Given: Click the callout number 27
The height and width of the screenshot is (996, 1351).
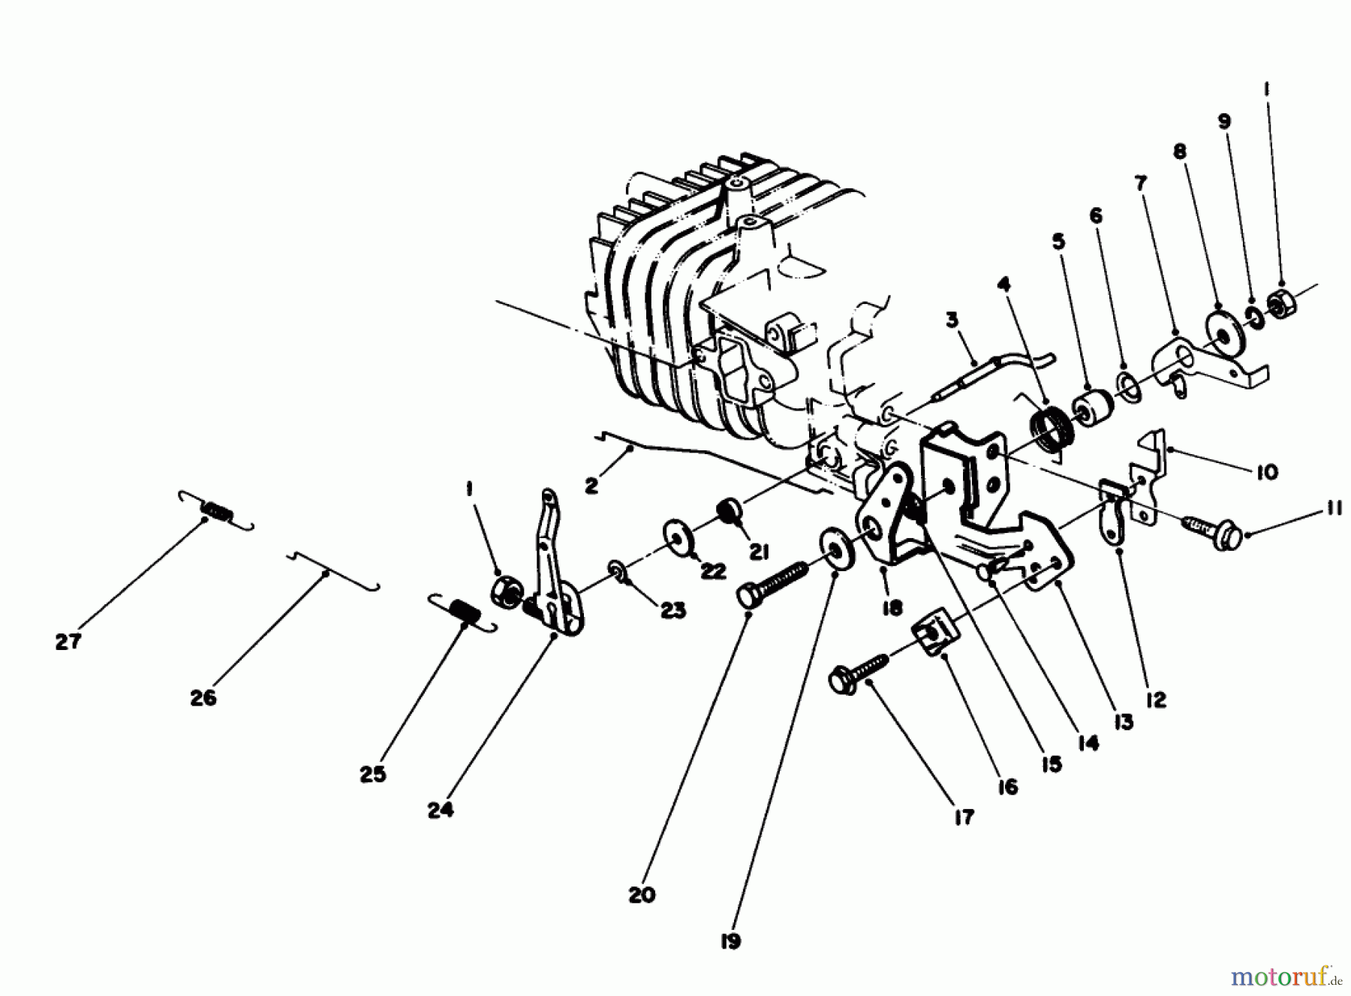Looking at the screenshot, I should click(x=68, y=642).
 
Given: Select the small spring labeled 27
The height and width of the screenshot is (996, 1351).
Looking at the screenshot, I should click(x=217, y=511).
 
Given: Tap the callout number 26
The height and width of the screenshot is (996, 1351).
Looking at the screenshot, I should click(x=203, y=697).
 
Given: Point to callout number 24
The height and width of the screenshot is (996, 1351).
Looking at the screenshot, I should click(x=441, y=811).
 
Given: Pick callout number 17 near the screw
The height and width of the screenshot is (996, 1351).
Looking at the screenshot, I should click(x=963, y=817).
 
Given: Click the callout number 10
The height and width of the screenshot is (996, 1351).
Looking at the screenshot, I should click(x=1266, y=471).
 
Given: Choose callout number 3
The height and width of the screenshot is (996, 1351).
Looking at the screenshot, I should click(x=952, y=320).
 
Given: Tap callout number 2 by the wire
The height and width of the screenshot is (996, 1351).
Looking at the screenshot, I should click(x=591, y=486).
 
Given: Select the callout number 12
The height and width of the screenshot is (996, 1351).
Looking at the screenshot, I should click(x=1156, y=700).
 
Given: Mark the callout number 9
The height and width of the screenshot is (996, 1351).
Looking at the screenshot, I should click(x=1224, y=121).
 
